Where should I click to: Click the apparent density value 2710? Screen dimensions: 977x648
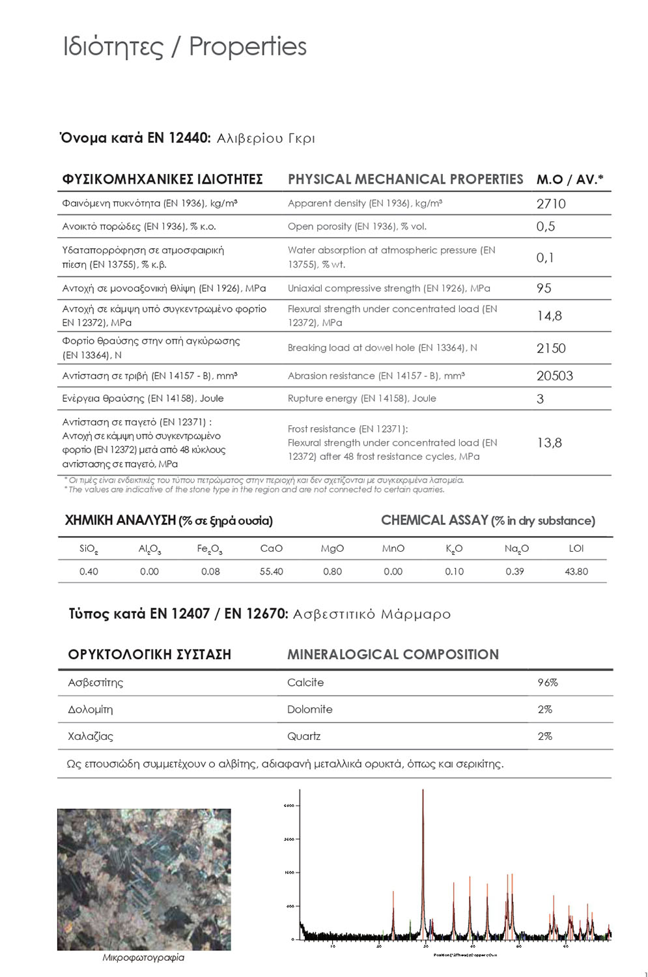[x=551, y=204]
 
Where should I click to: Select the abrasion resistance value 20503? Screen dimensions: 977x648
[x=554, y=376]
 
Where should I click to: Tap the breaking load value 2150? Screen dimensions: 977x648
[x=551, y=348]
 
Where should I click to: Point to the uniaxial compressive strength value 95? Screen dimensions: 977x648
[x=544, y=288]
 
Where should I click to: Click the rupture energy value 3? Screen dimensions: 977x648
[x=540, y=399]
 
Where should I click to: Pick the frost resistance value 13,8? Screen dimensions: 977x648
[x=549, y=443]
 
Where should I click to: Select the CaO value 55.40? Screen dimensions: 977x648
[x=271, y=572]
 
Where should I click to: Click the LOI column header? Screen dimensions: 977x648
[x=576, y=548]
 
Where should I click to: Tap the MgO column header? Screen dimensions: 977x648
[x=332, y=548]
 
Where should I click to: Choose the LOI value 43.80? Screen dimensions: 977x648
[x=576, y=572]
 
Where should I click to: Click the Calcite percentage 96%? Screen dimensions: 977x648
[x=547, y=683]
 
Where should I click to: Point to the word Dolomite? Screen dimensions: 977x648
[x=309, y=709]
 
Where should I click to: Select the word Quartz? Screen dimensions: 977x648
[x=303, y=737]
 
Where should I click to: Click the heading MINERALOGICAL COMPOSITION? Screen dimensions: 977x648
[x=393, y=655]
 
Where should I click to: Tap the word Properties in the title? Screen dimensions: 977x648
[x=247, y=47]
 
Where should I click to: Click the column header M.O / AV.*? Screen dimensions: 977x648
[x=570, y=180]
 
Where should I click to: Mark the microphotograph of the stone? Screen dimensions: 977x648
[x=144, y=879]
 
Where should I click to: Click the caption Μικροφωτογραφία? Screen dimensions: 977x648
[x=143, y=957]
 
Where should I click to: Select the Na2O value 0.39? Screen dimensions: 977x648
[x=514, y=572]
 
